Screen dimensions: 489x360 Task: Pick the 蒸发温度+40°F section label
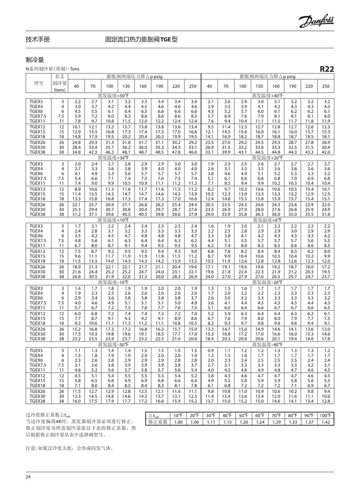(x=267, y=96)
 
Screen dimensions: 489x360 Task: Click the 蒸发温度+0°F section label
(x=267, y=220)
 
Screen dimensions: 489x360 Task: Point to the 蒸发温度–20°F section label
(x=267, y=282)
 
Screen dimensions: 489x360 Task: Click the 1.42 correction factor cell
(x=325, y=422)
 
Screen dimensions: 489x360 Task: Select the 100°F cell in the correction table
(x=325, y=416)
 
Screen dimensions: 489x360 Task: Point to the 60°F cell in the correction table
(x=259, y=416)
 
